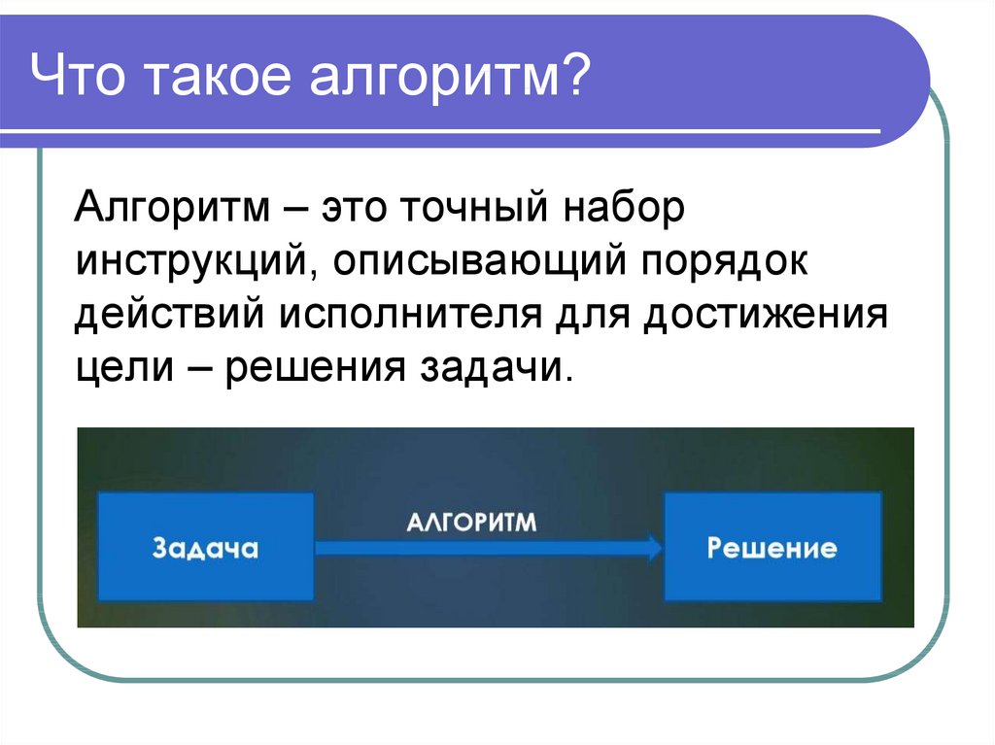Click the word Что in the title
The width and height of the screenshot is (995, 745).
click(x=77, y=75)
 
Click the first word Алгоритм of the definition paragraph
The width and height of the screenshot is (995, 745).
click(x=172, y=209)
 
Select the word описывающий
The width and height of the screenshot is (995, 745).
click(x=480, y=262)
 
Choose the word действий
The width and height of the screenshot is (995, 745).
click(x=169, y=315)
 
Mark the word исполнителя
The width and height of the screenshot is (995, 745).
click(x=411, y=315)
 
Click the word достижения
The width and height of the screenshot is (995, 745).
click(x=766, y=315)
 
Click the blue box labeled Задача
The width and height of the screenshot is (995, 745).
click(x=206, y=547)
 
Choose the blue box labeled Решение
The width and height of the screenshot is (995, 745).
click(x=772, y=547)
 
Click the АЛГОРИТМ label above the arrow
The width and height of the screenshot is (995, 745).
click(x=471, y=523)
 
